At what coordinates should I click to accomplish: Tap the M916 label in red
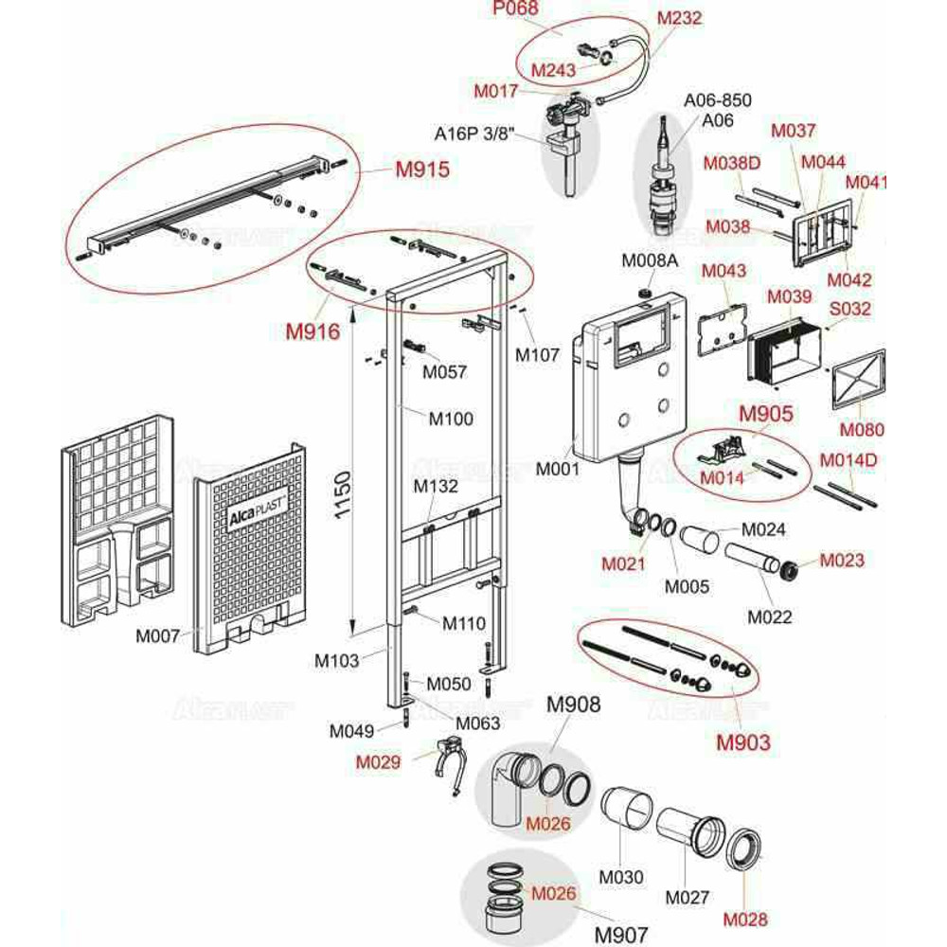click(x=313, y=332)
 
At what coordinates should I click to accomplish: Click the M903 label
click(x=742, y=742)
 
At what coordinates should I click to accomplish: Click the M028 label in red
click(x=745, y=918)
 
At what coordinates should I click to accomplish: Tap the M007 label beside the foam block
click(x=157, y=636)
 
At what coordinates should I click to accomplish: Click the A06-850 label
click(x=718, y=101)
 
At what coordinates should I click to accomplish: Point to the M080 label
click(x=862, y=429)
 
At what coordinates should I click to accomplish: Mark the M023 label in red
click(x=842, y=560)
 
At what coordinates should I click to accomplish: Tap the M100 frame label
click(x=451, y=419)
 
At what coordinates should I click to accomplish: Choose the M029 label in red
click(x=378, y=761)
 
